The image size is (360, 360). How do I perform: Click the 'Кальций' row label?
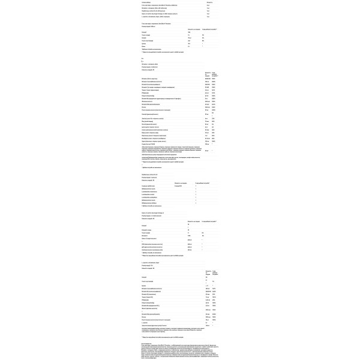tap(150, 114)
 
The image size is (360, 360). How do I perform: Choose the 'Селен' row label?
tap(153, 130)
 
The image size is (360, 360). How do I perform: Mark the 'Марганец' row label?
tap(153, 136)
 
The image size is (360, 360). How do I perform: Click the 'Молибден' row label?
tap(153, 138)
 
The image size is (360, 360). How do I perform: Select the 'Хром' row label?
tap(153, 141)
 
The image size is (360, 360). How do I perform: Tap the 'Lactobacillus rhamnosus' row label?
tap(150, 191)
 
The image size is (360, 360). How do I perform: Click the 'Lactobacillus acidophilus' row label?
tap(150, 197)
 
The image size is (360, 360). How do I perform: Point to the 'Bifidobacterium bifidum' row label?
tap(150, 203)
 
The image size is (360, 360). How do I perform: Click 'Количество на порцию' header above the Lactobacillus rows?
tap(180, 183)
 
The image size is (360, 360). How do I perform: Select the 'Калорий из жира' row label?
tap(146, 230)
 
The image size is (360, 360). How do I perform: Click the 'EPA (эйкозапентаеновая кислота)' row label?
tap(153, 244)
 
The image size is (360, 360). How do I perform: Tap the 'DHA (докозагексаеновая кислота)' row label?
tap(153, 247)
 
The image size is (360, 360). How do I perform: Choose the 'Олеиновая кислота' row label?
tap(153, 250)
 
